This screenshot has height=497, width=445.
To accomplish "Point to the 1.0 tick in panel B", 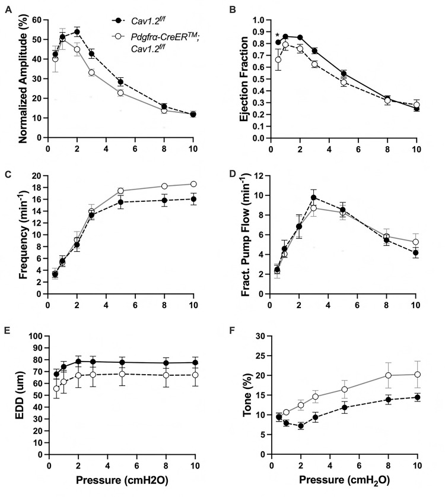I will pos(259,20).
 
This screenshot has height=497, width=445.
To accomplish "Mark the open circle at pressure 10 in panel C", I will pos(193,184).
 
